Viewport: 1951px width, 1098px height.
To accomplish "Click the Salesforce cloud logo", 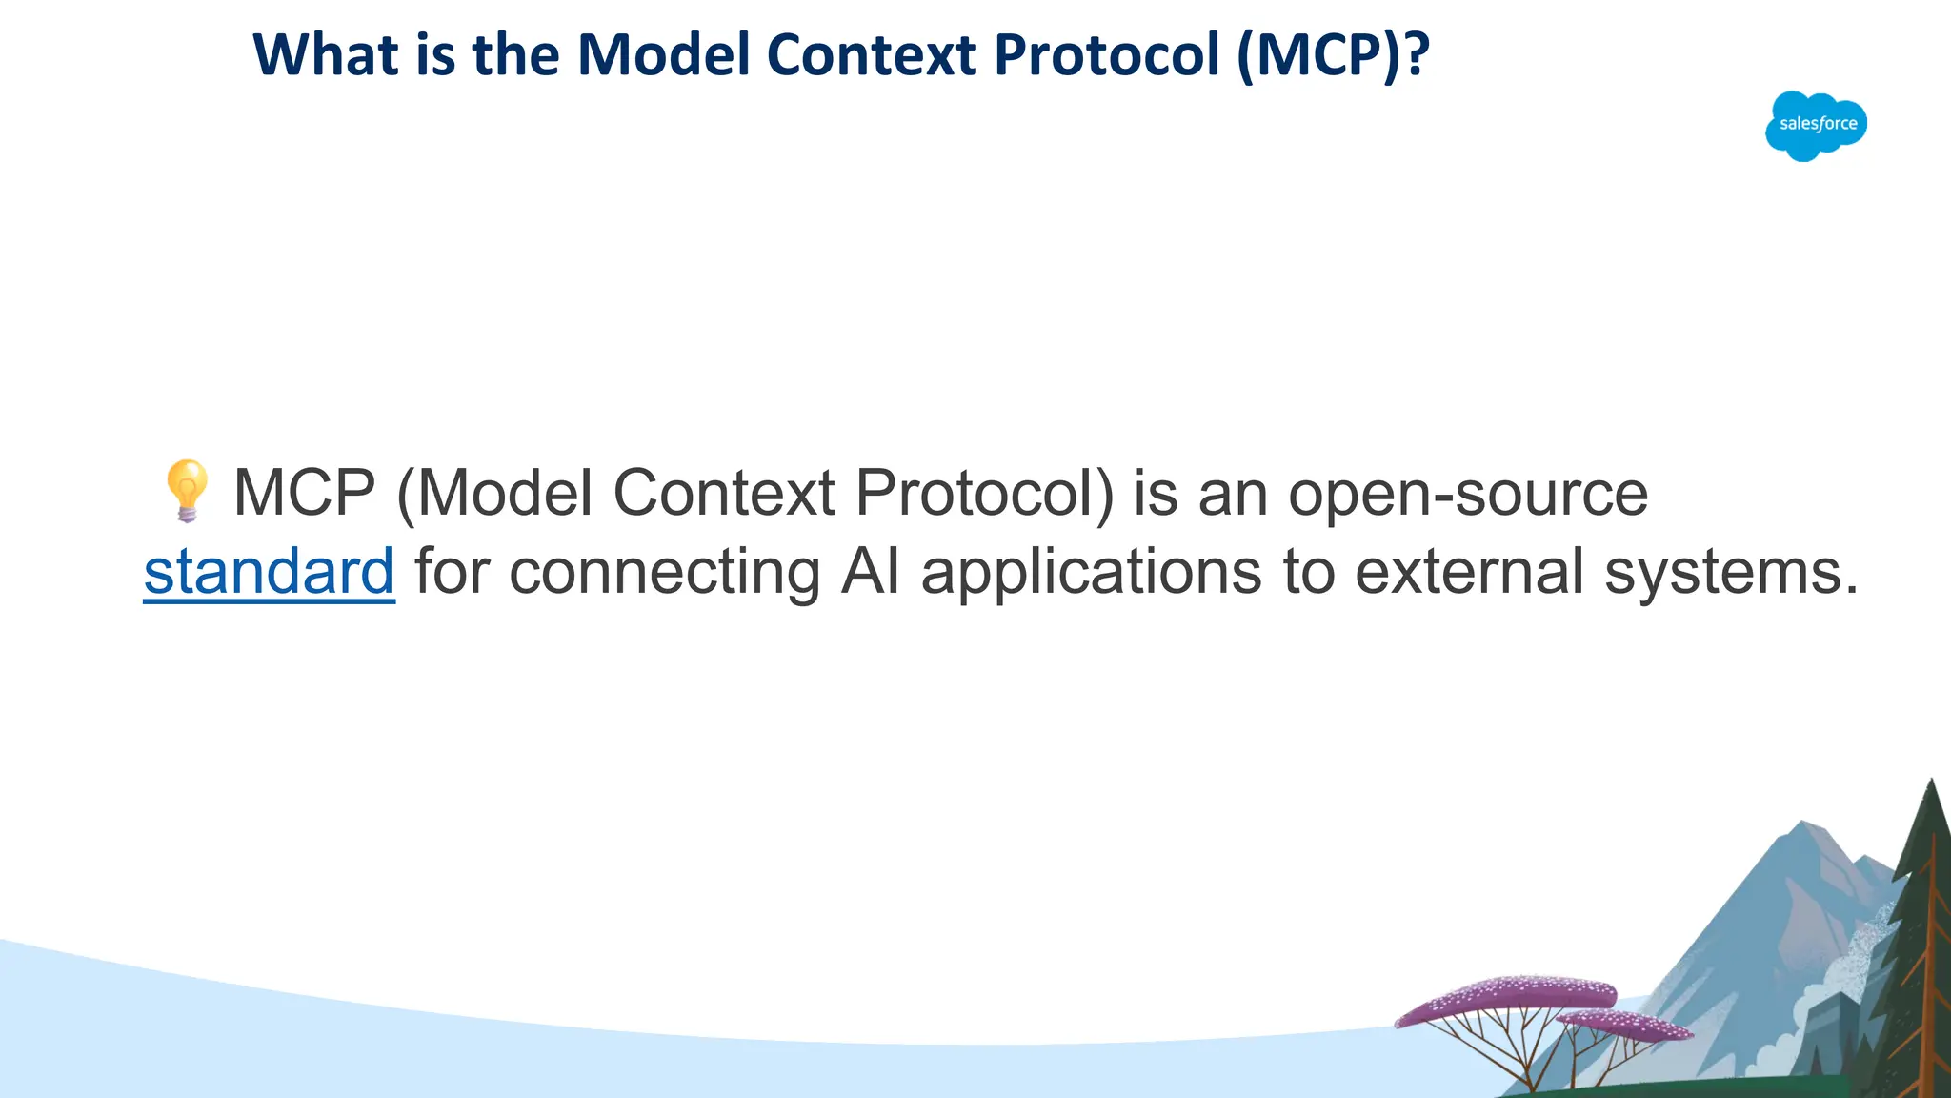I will point(1816,126).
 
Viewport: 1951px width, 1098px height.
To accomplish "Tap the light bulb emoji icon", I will point(186,491).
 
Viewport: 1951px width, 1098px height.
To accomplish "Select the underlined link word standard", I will point(269,572).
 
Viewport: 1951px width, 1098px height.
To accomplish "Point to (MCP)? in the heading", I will point(1333,55).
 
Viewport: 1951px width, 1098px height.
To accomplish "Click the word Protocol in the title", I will point(1107,55).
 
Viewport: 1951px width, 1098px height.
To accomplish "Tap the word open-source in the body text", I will point(1467,494).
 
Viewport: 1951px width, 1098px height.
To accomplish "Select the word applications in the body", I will point(1091,572).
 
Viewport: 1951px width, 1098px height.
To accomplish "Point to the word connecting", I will point(664,572).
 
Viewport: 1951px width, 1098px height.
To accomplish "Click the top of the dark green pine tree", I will point(1931,786).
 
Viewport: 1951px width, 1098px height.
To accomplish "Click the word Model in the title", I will point(664,55).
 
